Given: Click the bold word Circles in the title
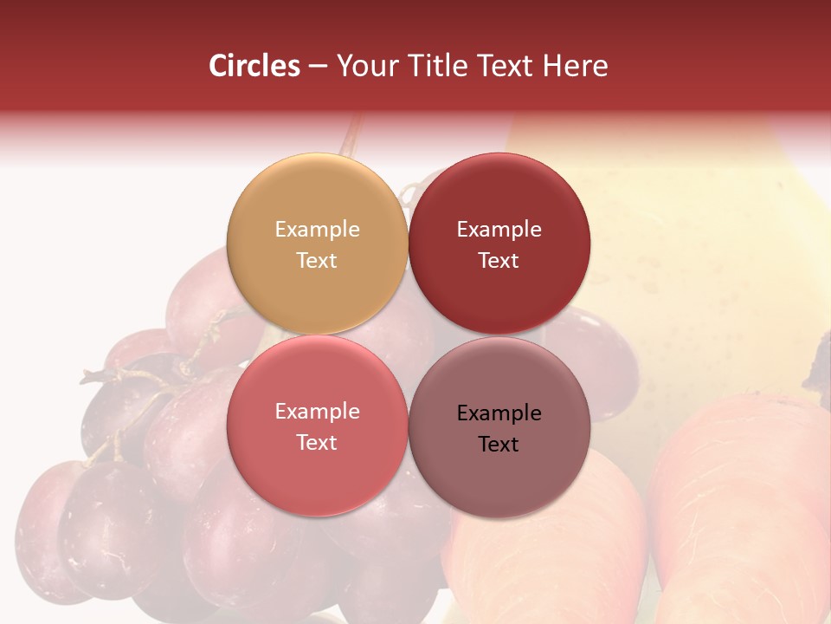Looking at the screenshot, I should (x=254, y=66).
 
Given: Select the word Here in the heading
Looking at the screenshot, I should (x=576, y=66).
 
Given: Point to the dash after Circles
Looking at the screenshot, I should (x=318, y=67).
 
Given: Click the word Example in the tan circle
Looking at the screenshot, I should (x=317, y=229).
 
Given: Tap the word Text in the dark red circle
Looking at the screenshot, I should (x=499, y=260).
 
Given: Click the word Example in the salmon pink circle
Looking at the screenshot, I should (x=317, y=411).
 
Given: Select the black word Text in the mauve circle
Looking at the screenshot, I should (x=499, y=444).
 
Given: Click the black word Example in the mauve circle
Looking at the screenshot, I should (x=499, y=413).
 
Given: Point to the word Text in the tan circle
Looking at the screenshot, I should (x=317, y=260).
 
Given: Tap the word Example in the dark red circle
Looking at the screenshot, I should (x=499, y=229).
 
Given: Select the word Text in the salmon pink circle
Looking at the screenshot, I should (x=317, y=442).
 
